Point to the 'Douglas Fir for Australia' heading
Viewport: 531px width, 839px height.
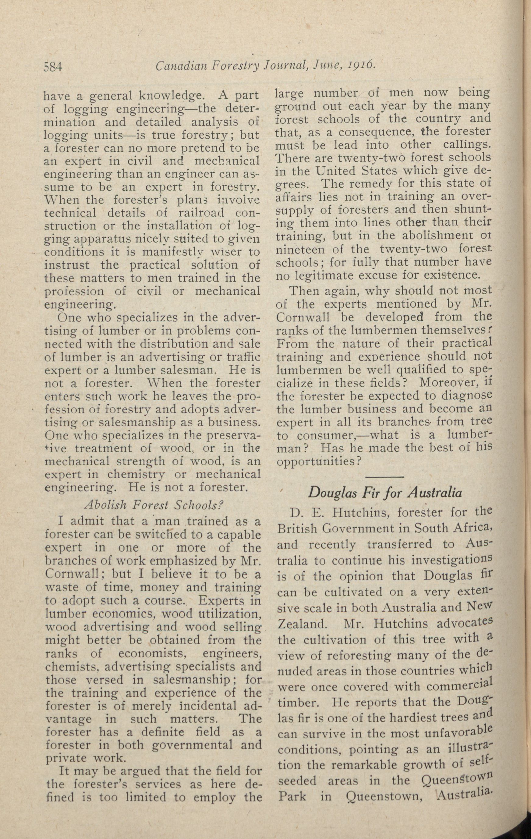click(x=385, y=493)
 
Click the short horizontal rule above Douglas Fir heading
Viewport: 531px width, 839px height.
click(x=385, y=476)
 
